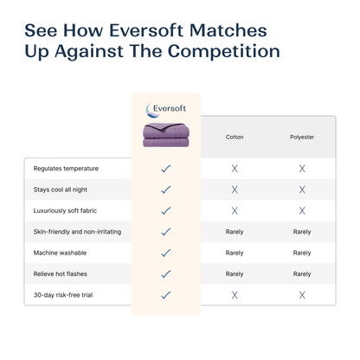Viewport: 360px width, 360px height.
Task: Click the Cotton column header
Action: point(234,137)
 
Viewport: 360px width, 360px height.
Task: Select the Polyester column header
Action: point(302,137)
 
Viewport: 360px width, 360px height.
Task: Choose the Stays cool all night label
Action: point(58,189)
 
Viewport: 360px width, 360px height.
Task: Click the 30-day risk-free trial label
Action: point(61,294)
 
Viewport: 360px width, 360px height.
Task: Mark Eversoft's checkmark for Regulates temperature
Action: point(166,168)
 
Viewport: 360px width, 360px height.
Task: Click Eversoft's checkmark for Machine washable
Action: point(166,253)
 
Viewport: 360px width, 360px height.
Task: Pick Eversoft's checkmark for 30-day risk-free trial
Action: point(166,294)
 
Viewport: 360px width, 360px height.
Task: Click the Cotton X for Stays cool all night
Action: point(235,189)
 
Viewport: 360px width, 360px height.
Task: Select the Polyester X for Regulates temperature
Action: point(302,168)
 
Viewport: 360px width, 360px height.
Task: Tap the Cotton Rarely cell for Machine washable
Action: point(235,253)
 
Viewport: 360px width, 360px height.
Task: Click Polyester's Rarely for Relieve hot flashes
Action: point(302,273)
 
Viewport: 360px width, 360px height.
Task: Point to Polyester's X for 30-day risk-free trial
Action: point(302,294)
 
